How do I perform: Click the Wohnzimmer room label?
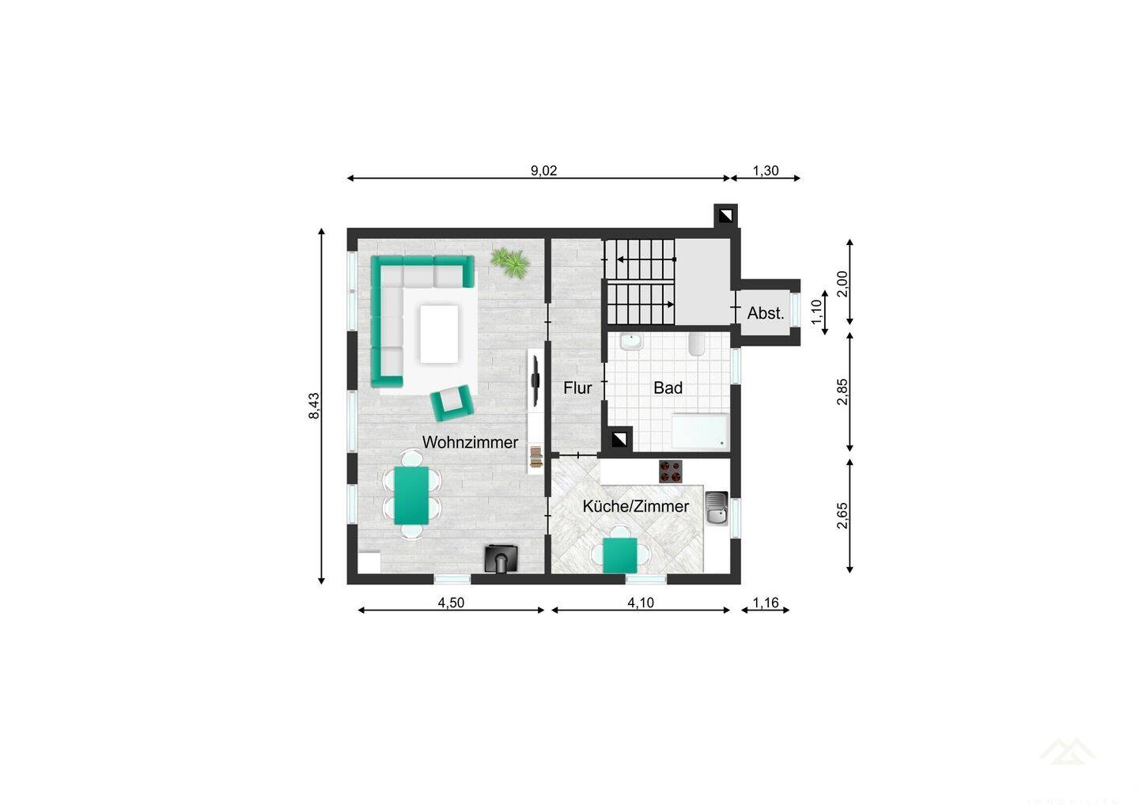coord(470,442)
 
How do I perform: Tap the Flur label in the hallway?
coord(577,388)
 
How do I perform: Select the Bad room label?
coord(668,388)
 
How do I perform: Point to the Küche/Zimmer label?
coord(635,506)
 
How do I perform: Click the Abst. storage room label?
coord(765,313)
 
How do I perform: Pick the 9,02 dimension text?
coord(543,170)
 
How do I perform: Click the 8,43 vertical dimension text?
coord(314,406)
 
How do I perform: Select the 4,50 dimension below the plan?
coord(451,603)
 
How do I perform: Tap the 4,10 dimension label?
coord(641,603)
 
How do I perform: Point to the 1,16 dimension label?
coord(766,603)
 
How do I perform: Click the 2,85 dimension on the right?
coord(842,392)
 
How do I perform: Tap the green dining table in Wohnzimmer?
coord(411,495)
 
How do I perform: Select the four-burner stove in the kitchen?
coord(671,471)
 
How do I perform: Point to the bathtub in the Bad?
coord(699,432)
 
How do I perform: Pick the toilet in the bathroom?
coord(697,344)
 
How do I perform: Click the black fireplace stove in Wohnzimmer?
coord(501,558)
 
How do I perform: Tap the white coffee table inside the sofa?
coord(440,334)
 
